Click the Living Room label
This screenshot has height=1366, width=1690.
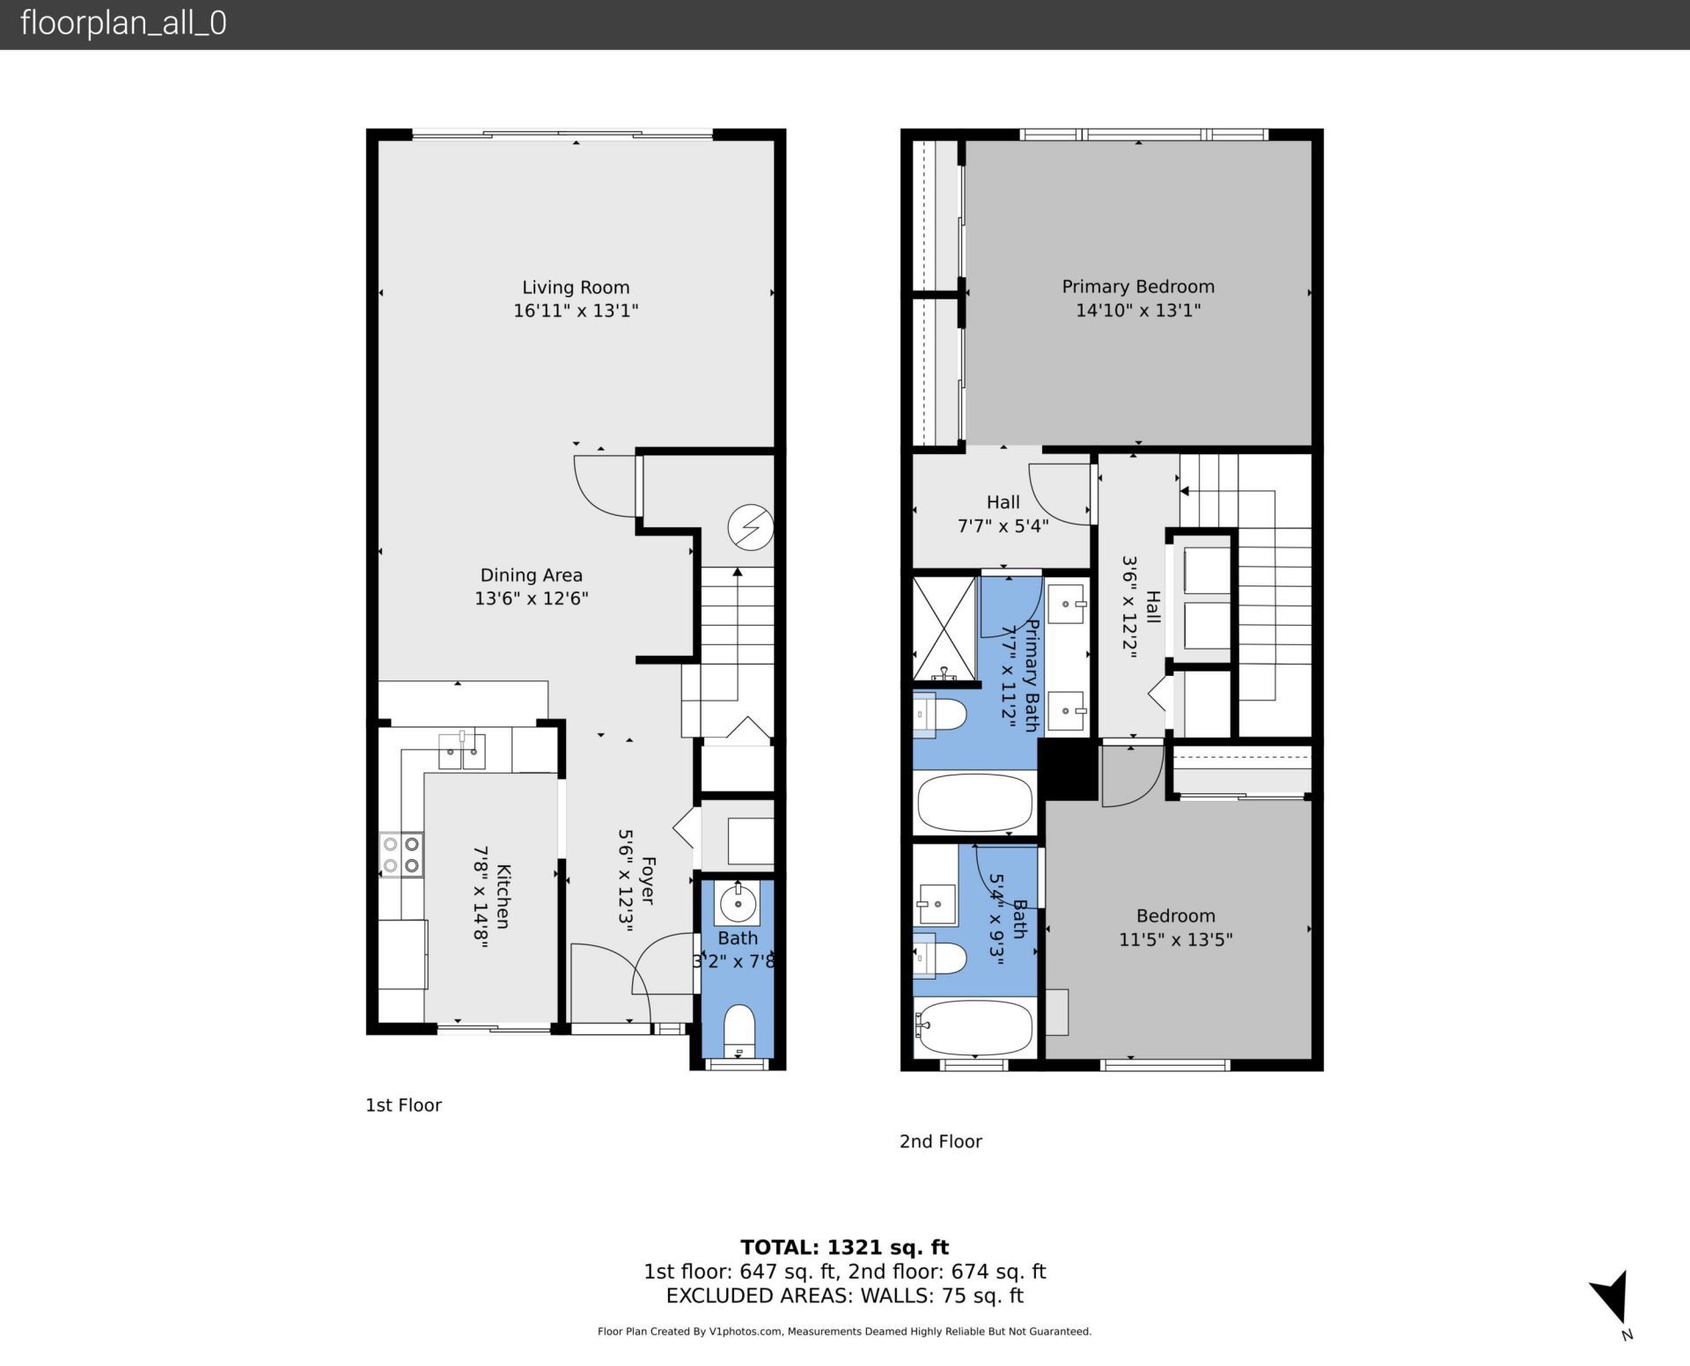[x=576, y=288]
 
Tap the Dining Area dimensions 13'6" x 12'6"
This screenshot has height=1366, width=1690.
[x=531, y=599]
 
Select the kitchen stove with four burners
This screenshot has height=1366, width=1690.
[x=401, y=856]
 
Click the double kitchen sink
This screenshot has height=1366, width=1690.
[x=461, y=751]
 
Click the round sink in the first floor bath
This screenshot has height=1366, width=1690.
[x=738, y=902]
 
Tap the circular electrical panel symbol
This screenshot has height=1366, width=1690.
[x=750, y=527]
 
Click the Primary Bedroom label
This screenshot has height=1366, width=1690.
[x=1137, y=287]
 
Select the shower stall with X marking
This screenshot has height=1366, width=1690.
[x=945, y=628]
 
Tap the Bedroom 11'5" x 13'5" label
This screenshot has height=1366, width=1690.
[x=1175, y=928]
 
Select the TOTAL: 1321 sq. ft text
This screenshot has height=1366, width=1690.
[x=844, y=1247]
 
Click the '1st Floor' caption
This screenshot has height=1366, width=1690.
[x=403, y=1105]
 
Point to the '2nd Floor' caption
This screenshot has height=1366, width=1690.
[x=940, y=1142]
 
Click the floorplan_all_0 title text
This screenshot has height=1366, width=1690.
[x=123, y=23]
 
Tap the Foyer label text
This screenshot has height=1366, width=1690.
[x=648, y=880]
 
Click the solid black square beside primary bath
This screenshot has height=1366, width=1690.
[x=1068, y=769]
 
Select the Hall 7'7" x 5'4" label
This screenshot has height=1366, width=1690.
[x=1003, y=514]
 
